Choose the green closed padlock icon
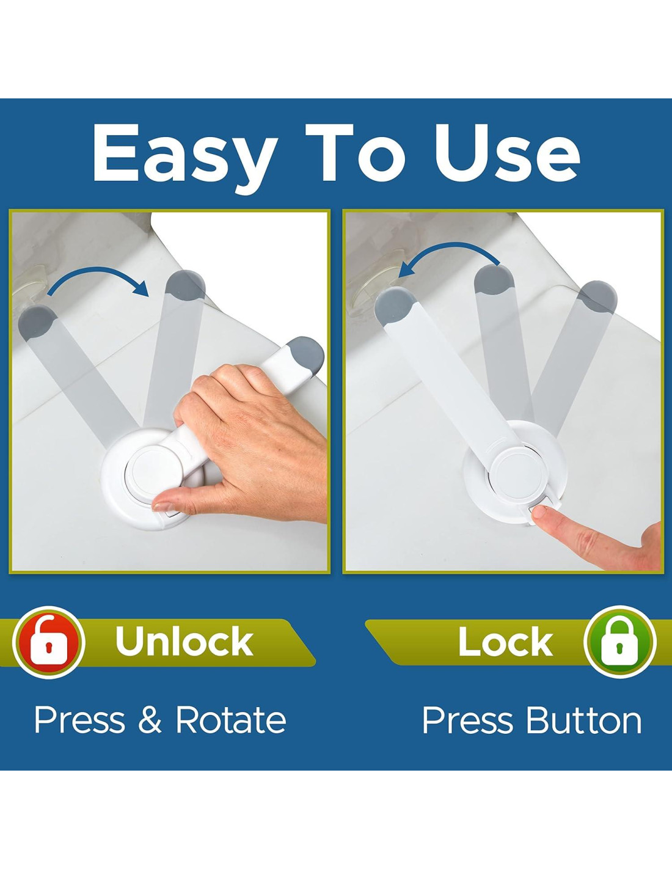click(619, 642)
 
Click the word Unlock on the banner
click(184, 641)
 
